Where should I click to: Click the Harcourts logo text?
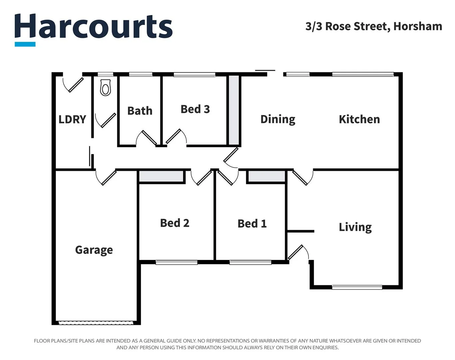(93, 27)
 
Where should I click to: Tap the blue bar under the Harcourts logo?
(25, 44)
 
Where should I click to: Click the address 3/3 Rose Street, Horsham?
(373, 26)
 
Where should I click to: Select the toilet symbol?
(105, 88)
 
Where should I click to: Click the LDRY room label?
(72, 119)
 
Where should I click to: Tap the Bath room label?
(140, 111)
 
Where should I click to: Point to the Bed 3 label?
(195, 109)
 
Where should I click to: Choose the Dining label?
(278, 119)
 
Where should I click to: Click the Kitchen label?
(359, 119)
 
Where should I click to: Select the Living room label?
(355, 227)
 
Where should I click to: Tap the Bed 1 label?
(252, 223)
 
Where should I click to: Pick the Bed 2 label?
(175, 223)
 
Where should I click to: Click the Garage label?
(94, 250)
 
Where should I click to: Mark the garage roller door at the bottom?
(96, 323)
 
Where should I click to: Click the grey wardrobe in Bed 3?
(234, 110)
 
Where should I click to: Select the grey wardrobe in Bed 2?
(161, 176)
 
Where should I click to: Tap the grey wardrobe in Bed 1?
(267, 176)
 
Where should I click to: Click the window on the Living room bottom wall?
(357, 287)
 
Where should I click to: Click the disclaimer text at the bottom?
(227, 344)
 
